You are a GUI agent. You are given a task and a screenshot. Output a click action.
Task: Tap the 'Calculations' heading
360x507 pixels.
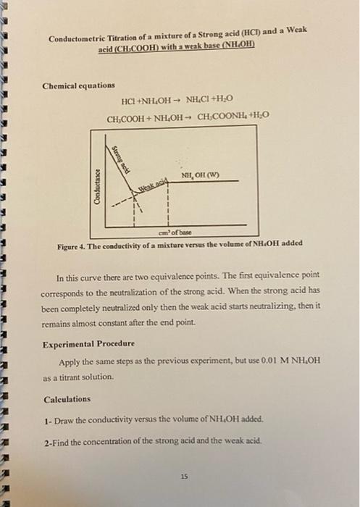point(67,399)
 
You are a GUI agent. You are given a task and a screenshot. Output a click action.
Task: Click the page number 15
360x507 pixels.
point(184,477)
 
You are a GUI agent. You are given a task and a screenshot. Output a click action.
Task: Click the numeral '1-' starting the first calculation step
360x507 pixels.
point(46,419)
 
